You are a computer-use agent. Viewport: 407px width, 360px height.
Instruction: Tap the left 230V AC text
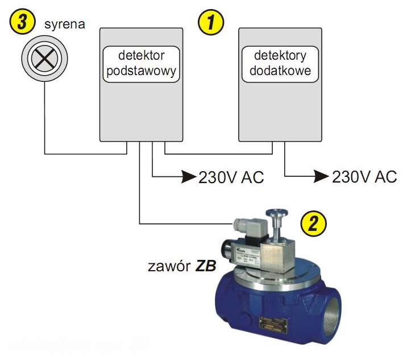(x=231, y=177)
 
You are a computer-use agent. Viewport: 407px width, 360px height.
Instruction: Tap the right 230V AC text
(x=364, y=177)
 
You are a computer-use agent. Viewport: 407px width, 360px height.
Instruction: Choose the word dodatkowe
(x=280, y=72)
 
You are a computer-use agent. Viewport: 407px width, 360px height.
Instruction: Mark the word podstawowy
(x=141, y=72)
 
